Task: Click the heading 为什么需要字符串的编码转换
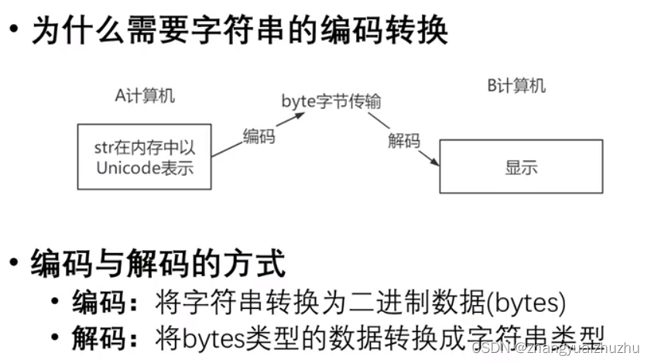click(x=239, y=32)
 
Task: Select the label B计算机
click(x=516, y=85)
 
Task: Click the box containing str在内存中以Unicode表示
click(x=145, y=156)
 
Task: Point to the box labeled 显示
click(x=520, y=166)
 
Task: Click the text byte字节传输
click(x=331, y=101)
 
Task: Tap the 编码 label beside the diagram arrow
click(x=259, y=136)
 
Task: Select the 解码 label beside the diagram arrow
click(x=404, y=140)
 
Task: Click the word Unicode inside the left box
click(x=128, y=167)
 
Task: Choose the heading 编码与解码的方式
click(x=158, y=264)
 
